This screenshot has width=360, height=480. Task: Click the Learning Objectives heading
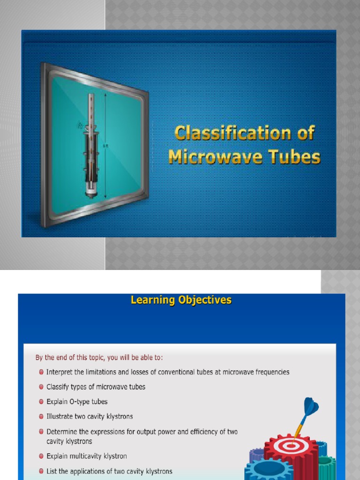pos(181,300)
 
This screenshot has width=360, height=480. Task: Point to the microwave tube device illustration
pos(91,145)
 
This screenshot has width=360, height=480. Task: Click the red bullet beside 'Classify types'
pos(42,387)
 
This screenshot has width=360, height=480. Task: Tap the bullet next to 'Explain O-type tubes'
pos(42,402)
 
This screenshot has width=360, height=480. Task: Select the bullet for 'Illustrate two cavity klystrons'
pos(42,417)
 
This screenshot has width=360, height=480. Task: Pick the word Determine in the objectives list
pos(63,432)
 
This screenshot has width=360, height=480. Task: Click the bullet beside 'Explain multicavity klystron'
pos(42,456)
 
